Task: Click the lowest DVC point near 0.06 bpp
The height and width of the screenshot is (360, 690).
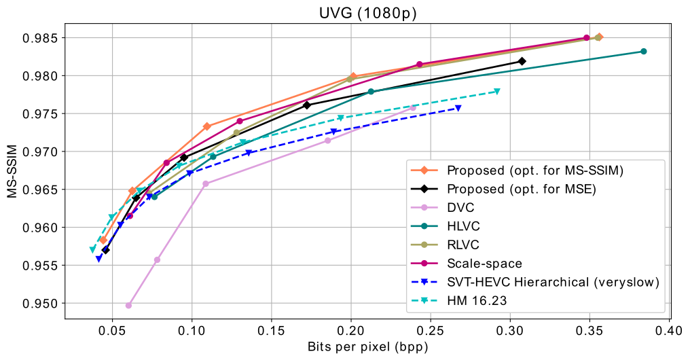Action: click(128, 305)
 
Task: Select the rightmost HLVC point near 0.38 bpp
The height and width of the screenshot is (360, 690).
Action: click(643, 52)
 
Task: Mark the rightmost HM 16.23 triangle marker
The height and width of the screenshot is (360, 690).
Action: click(497, 91)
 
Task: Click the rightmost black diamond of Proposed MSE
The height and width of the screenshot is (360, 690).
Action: click(522, 61)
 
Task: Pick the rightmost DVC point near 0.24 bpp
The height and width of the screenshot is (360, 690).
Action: click(413, 107)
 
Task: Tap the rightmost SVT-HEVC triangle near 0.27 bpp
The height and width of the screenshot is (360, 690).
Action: click(458, 108)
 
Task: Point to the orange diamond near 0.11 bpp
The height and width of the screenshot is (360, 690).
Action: click(207, 126)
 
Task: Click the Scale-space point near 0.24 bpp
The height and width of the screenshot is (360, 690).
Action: click(419, 65)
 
